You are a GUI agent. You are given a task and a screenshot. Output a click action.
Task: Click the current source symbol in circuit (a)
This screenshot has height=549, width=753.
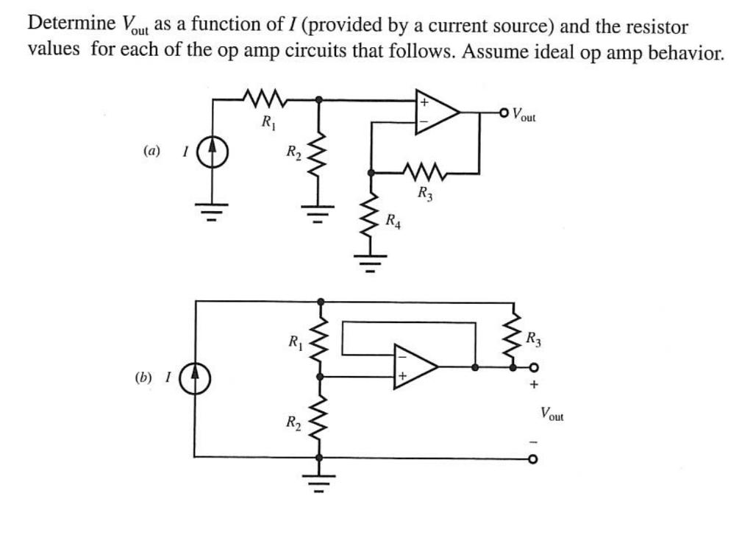click(212, 153)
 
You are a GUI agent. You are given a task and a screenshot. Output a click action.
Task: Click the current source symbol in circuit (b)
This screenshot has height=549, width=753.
click(196, 379)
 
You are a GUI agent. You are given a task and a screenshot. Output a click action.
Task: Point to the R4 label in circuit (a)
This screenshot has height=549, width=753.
click(394, 220)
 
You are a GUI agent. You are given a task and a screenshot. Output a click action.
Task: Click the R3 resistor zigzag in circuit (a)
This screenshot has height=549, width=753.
click(424, 174)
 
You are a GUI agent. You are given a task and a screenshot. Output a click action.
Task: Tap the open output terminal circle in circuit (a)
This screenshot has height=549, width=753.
click(503, 113)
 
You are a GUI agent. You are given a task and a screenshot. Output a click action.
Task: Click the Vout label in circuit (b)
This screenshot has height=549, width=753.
click(551, 414)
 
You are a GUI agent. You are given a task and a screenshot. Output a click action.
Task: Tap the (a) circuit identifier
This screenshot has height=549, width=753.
click(151, 152)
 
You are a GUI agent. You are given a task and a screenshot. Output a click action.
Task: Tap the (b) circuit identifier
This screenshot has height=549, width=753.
click(143, 378)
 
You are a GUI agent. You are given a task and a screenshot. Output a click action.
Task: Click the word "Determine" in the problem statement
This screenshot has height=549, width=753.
click(68, 25)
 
